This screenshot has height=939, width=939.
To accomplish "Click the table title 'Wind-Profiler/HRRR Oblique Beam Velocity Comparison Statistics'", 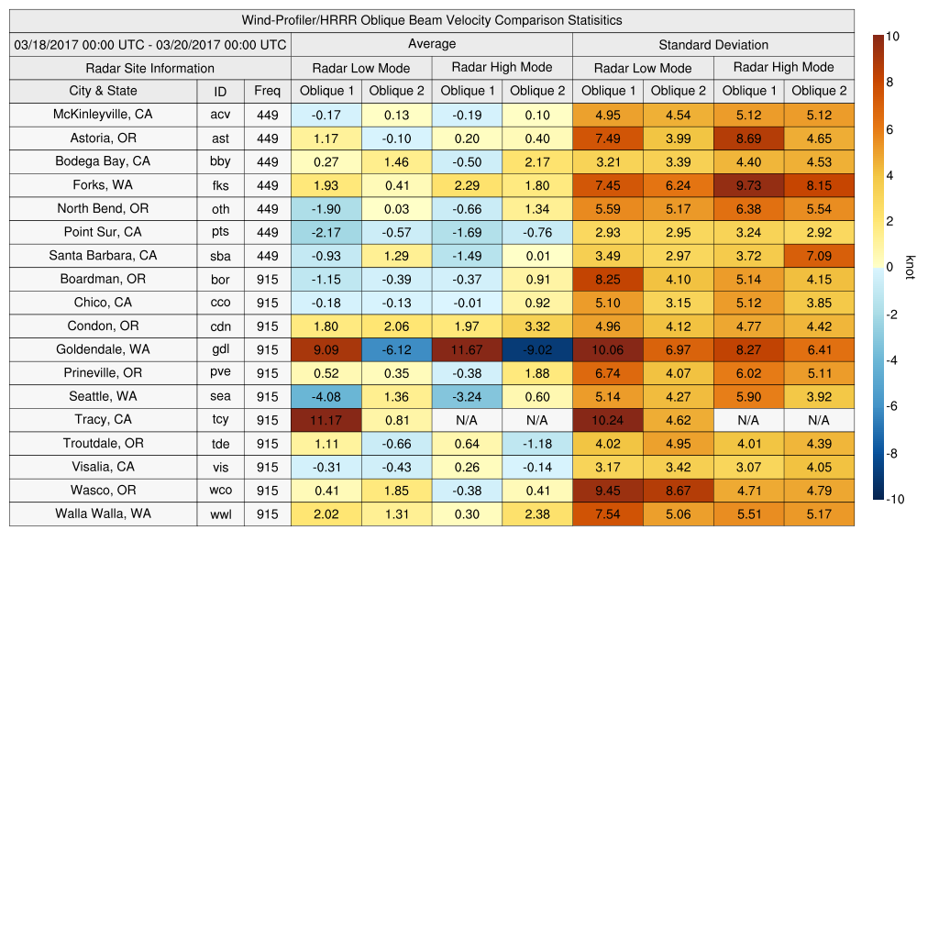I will coord(432,20).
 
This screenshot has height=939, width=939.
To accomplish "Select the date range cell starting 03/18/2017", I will coord(150,44).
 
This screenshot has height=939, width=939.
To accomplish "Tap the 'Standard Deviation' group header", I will coord(713,44).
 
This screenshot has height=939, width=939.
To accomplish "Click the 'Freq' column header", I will coord(267,91).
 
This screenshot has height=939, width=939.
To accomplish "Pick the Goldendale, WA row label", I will coord(103,349).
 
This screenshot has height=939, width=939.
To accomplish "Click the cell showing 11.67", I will coord(467,349).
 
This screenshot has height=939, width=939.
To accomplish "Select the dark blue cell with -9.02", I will coord(536,349).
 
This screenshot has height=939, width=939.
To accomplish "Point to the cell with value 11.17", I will coord(326,420).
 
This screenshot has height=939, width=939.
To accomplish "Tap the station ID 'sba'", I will coord(220,256).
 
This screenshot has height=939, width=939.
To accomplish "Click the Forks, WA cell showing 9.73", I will coord(748,185).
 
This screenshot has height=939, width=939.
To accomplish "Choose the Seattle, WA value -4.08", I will coord(326,397).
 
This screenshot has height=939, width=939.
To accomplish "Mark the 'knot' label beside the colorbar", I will coord(910,267).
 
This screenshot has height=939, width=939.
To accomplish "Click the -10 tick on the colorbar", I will coord(896,500).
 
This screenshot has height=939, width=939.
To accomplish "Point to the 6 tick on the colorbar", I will coord(891,129).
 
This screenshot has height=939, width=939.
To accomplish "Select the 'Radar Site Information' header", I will coord(150,68).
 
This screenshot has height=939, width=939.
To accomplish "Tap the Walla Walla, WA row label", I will coord(103,514).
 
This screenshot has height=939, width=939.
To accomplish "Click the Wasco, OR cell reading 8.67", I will coord(679,491).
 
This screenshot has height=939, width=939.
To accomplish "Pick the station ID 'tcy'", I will coord(220,420).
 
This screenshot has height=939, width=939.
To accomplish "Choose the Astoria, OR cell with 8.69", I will coord(748,138).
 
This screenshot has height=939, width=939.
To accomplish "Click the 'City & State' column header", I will coord(103,91).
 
